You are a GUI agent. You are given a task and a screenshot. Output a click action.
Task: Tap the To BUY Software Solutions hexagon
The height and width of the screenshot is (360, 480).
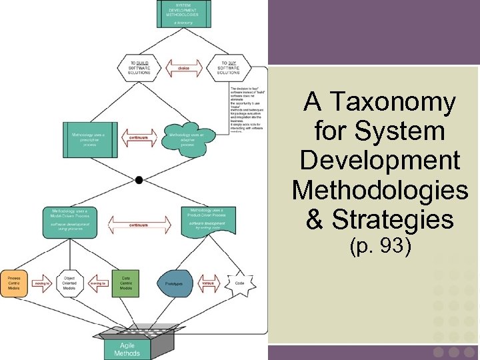[x=228, y=67]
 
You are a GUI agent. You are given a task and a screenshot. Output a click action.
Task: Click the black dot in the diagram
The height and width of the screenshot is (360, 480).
[x=139, y=180]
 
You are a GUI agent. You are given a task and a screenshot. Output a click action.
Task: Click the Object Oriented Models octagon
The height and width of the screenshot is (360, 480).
[x=69, y=283]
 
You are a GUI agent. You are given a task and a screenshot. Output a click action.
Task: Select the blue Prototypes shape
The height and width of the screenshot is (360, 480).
[x=175, y=283]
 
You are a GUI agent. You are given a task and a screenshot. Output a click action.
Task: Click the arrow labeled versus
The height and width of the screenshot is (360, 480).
[x=208, y=283]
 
